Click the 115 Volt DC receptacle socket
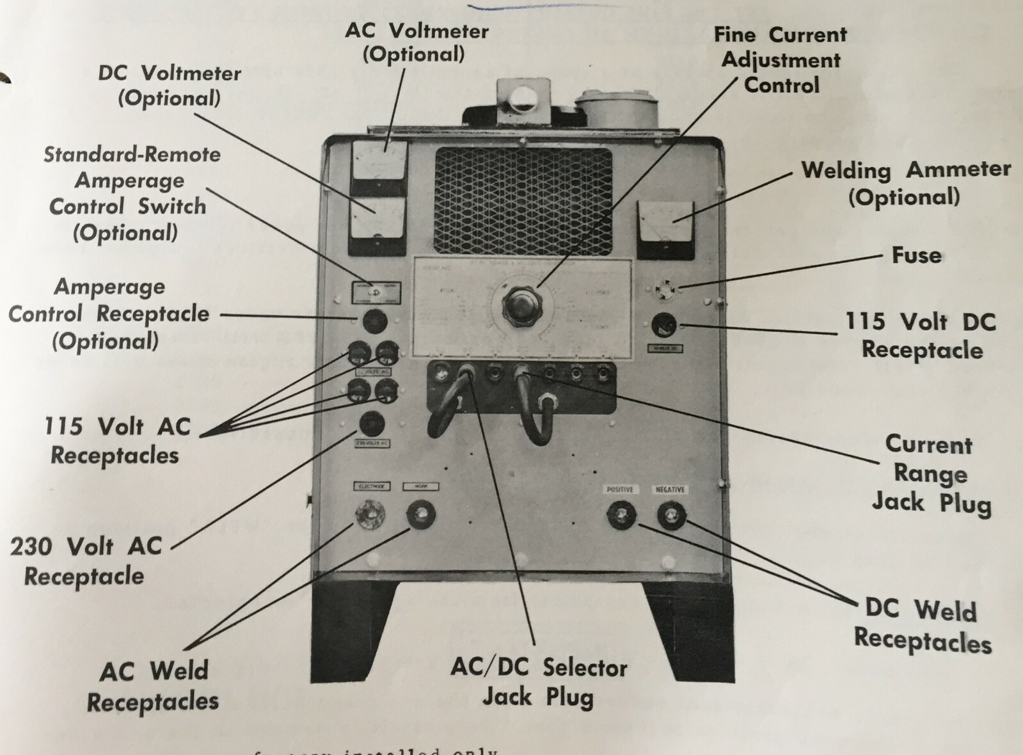pyautogui.click(x=664, y=326)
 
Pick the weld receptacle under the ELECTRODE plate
pyautogui.click(x=370, y=514)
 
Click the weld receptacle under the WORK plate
pyautogui.click(x=421, y=514)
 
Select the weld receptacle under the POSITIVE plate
pyautogui.click(x=620, y=514)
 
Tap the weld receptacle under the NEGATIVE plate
pyautogui.click(x=670, y=515)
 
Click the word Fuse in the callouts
pyautogui.click(x=916, y=255)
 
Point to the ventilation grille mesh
pyautogui.click(x=523, y=200)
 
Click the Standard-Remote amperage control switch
pyautogui.click(x=376, y=292)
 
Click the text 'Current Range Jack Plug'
pyautogui.click(x=931, y=473)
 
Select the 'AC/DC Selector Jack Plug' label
pyautogui.click(x=539, y=682)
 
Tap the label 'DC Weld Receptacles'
pyautogui.click(x=922, y=625)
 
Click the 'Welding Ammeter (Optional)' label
pyautogui.click(x=905, y=183)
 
